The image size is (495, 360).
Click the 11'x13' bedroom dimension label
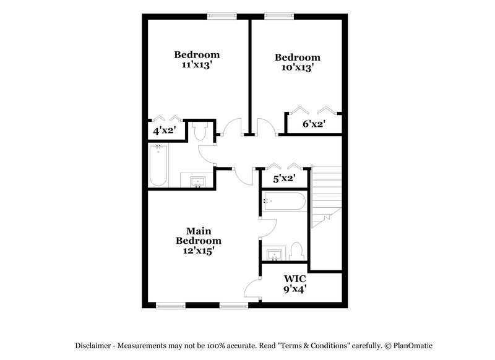(x=197, y=64)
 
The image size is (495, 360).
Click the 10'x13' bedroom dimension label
(x=298, y=68)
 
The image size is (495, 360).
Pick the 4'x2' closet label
(x=164, y=131)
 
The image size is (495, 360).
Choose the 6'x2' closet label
(x=314, y=124)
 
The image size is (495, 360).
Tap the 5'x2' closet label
(x=284, y=179)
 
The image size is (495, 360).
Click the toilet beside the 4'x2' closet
(x=200, y=132)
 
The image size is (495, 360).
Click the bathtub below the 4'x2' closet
(x=158, y=165)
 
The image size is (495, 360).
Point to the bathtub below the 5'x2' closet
(x=284, y=201)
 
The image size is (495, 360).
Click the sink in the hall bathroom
(x=197, y=181)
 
